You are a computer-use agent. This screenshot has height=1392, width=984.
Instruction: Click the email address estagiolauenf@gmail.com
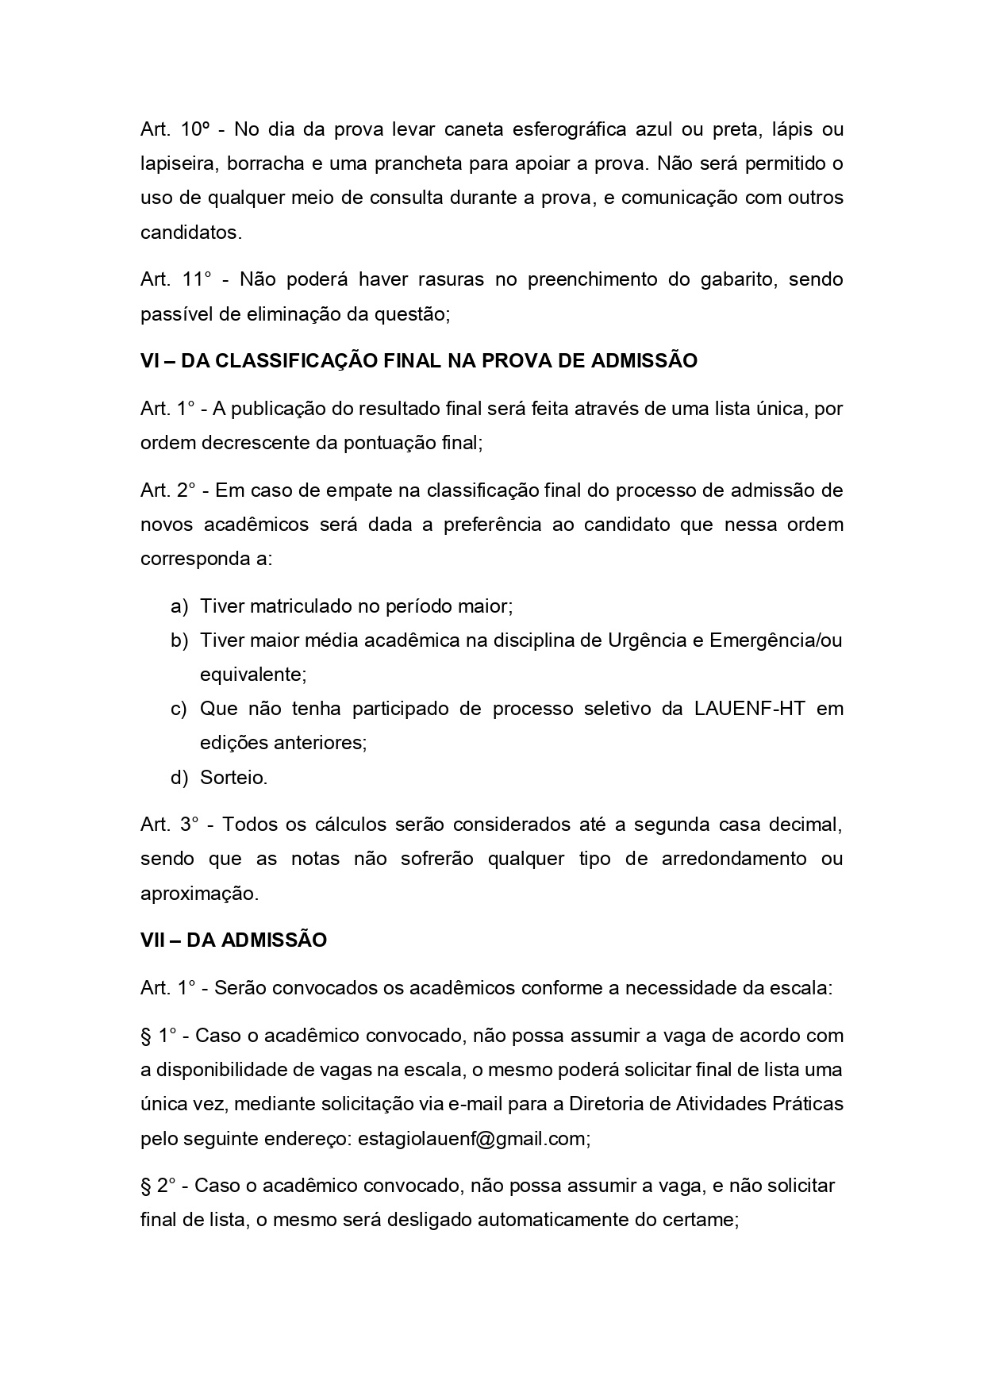[473, 1139]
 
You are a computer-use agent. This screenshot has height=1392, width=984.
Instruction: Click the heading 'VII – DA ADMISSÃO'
[233, 940]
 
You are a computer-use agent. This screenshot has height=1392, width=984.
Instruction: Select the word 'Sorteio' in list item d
[233, 778]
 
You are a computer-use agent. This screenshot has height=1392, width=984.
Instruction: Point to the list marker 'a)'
[179, 606]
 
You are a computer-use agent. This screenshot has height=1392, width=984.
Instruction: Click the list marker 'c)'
[179, 709]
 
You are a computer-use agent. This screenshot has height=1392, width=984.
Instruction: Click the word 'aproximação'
[199, 894]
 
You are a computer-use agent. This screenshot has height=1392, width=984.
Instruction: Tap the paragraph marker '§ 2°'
[158, 1186]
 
